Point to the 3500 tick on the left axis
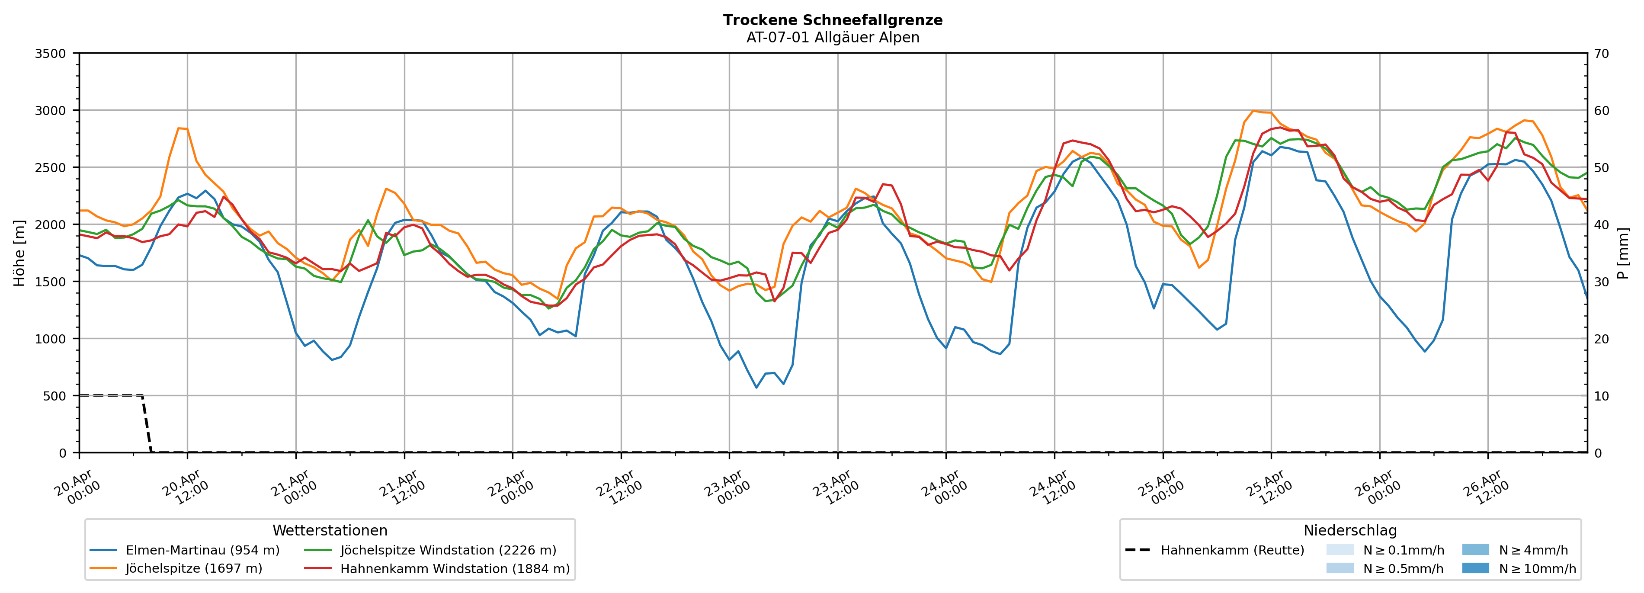tap(51, 54)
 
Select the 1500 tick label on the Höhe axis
tap(51, 282)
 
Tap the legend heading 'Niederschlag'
tap(1350, 530)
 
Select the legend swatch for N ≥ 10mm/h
tap(1475, 568)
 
